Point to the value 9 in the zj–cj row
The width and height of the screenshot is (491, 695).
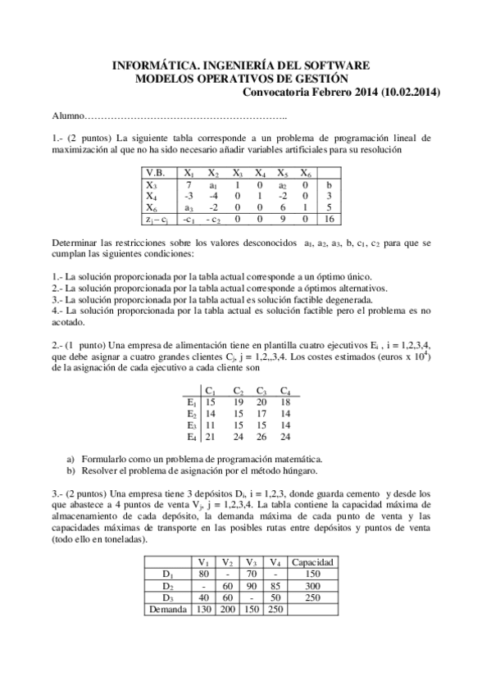click(282, 220)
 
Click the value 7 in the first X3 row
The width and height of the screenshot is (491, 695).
click(189, 185)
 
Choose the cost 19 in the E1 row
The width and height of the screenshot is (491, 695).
click(237, 402)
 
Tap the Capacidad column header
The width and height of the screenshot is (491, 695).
click(312, 562)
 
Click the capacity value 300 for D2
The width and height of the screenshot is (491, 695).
click(312, 585)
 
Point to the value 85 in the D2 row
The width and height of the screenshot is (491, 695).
click(275, 585)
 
